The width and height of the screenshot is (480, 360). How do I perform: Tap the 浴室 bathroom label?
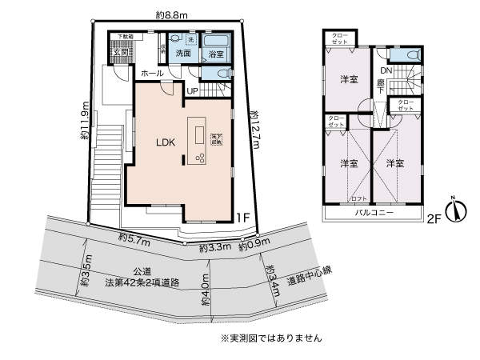214,54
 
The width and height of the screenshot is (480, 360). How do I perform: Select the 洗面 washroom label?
183,54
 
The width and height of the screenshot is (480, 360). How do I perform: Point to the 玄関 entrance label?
120,53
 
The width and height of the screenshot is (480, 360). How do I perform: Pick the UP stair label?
192,90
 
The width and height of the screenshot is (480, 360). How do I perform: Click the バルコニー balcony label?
373,214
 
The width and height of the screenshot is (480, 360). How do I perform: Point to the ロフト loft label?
359,198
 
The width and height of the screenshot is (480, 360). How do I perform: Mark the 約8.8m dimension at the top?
172,14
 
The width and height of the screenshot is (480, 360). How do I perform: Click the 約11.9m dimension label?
84,120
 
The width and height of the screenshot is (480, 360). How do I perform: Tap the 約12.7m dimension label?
254,132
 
